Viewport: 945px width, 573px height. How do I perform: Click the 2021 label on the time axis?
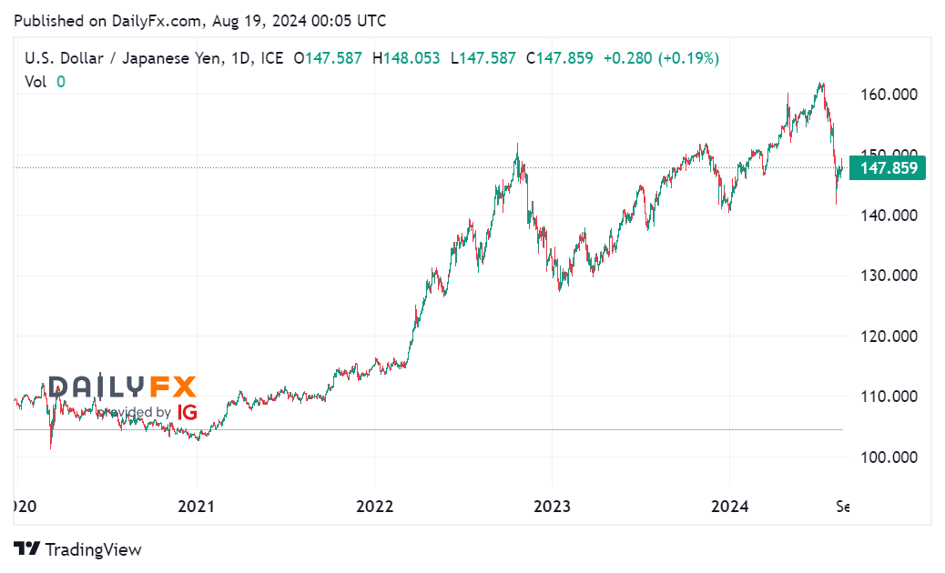198,507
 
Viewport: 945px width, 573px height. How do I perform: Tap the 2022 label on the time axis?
374,507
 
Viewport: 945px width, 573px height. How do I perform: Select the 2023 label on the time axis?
552,507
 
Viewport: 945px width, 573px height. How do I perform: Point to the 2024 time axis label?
729,507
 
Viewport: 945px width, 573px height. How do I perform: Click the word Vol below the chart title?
36,81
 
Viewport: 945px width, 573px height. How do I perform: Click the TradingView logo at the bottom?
78,549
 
